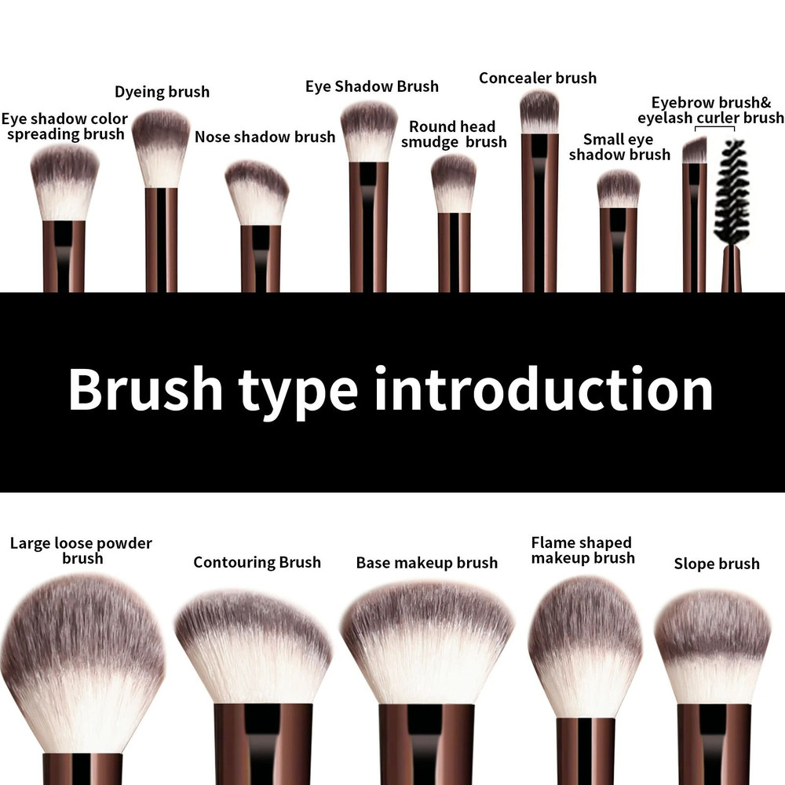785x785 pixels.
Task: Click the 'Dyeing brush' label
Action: (162, 92)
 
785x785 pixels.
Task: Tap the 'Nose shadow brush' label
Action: (265, 137)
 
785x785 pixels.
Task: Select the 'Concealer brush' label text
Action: (537, 78)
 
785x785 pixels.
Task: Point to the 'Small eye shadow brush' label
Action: (619, 147)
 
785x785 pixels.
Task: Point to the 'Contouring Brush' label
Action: (257, 562)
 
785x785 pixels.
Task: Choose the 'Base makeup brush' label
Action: (426, 563)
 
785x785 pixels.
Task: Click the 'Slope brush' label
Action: (716, 564)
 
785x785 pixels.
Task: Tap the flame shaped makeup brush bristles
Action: (585, 644)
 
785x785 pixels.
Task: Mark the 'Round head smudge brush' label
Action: (453, 134)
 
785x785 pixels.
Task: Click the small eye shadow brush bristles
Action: (619, 189)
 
